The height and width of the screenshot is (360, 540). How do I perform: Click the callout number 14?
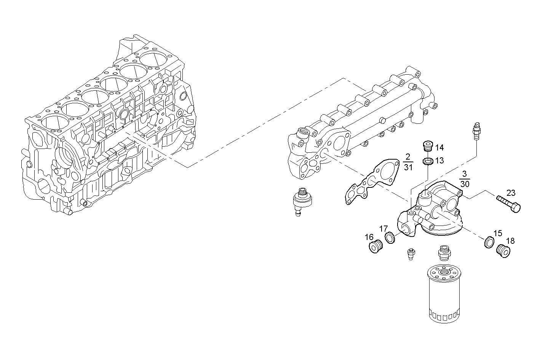439,148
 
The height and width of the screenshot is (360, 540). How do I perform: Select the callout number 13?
439,161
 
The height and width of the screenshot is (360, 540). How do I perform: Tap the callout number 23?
511,193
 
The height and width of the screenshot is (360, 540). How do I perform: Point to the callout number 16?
369,237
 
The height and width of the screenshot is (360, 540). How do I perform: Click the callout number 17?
383,229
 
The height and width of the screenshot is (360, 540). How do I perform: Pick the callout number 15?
498,234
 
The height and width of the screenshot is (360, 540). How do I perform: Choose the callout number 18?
510,241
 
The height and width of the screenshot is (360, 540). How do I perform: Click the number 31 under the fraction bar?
408,168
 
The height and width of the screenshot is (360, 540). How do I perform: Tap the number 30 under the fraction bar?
465,184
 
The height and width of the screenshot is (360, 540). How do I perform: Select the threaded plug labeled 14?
428,146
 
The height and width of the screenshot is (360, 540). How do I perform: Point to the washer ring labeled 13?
428,162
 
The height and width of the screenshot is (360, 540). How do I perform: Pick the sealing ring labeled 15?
489,242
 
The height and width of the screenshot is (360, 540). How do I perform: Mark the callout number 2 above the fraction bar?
408,157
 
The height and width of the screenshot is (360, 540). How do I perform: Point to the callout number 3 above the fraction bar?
464,173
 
